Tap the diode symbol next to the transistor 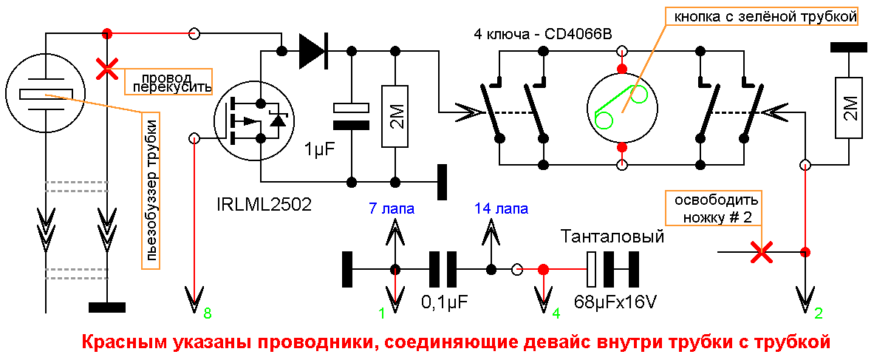(x=313, y=51)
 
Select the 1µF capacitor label (x=319, y=150)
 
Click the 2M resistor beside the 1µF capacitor (x=396, y=115)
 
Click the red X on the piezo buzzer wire (x=107, y=69)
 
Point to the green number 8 (x=208, y=314)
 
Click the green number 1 (x=382, y=314)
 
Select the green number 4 (x=555, y=314)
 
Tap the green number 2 (x=818, y=314)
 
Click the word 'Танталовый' (x=612, y=237)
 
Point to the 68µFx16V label (x=615, y=302)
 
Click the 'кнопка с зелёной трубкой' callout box (x=761, y=16)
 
